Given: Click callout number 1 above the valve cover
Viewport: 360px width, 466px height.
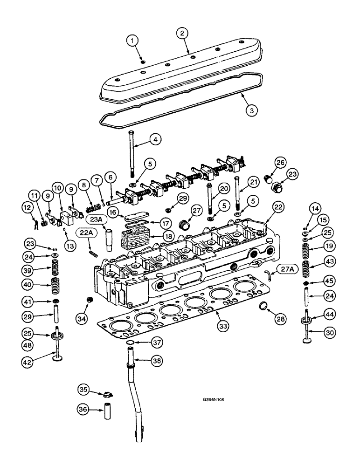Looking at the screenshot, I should pyautogui.click(x=134, y=42).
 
